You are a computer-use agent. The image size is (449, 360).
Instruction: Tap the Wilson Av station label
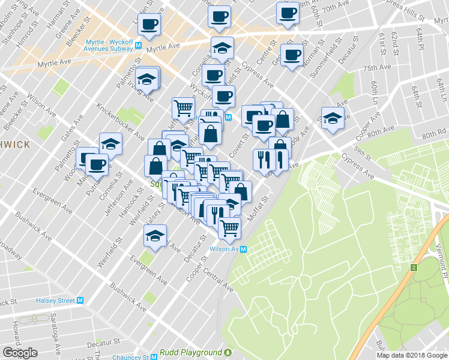(x=223, y=250)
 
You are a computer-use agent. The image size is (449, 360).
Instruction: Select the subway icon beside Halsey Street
(x=80, y=301)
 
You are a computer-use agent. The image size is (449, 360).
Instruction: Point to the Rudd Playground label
(x=190, y=352)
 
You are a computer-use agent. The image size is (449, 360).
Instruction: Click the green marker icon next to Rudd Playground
(x=228, y=352)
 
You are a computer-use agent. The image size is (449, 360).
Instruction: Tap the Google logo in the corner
(x=20, y=353)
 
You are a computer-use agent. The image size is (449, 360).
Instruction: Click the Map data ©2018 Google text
(x=411, y=355)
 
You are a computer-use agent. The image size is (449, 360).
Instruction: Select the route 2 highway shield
(x=414, y=267)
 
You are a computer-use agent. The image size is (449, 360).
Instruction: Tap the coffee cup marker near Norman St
(x=292, y=55)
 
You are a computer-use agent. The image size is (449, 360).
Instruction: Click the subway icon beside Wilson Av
(x=244, y=250)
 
